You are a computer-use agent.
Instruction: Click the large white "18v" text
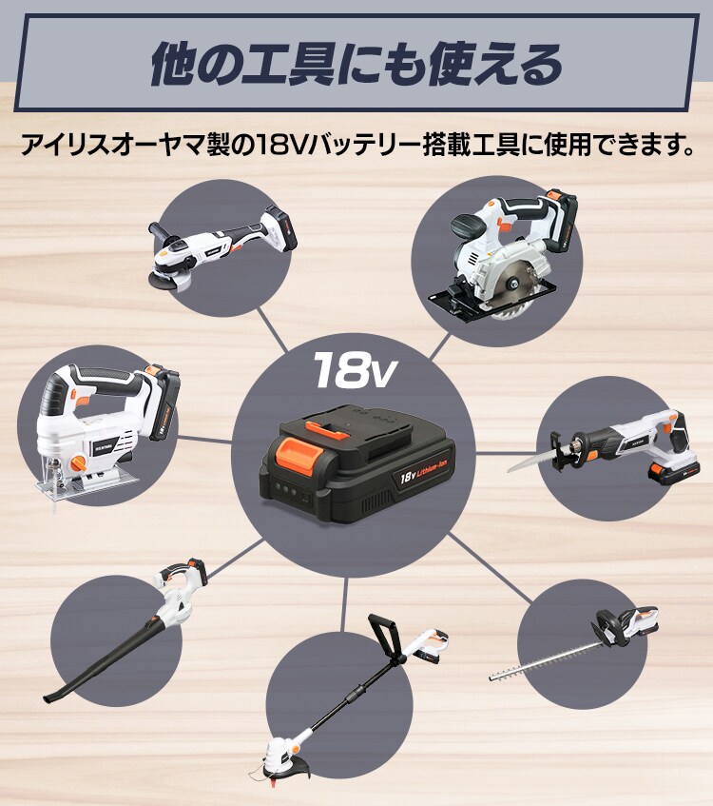coord(353,369)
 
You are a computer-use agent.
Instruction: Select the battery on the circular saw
coord(560,218)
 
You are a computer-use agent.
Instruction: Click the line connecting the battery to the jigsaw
coord(203,440)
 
